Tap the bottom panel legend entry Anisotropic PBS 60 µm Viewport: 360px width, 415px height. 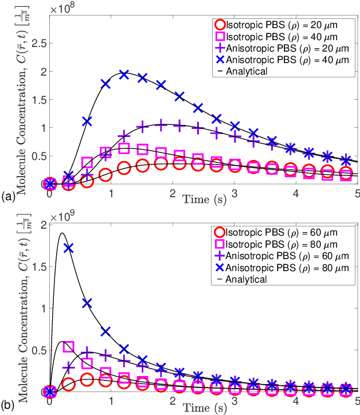click(272, 256)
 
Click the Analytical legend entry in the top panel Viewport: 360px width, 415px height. click(246, 72)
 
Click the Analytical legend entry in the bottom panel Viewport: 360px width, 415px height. click(246, 279)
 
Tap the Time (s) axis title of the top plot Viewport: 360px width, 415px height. click(204, 199)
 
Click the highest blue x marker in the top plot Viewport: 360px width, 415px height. click(124, 75)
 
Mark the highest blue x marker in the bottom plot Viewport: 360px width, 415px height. click(68, 248)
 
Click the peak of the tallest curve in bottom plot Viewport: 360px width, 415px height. click(61, 233)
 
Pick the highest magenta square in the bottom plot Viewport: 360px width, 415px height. click(68, 346)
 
